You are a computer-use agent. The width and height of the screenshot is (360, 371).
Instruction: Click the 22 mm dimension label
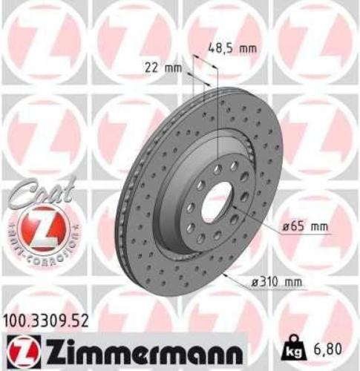point(163,69)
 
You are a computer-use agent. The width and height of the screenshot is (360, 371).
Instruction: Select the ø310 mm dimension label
point(278,281)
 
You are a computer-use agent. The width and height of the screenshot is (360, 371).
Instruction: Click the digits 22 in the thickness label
point(153,69)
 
